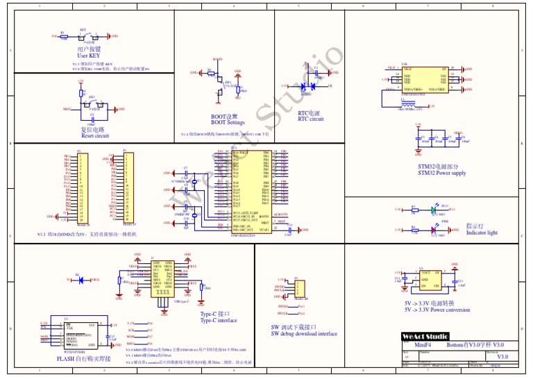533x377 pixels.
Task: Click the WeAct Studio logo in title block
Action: (x=425, y=336)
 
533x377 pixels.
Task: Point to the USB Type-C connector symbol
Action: (x=163, y=280)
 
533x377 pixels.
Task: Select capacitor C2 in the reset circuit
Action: (x=92, y=115)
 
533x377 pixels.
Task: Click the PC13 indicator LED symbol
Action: (x=434, y=209)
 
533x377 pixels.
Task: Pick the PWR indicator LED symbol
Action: (x=434, y=229)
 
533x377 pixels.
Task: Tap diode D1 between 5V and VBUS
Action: (x=81, y=280)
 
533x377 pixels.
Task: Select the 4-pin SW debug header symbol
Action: (x=298, y=287)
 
